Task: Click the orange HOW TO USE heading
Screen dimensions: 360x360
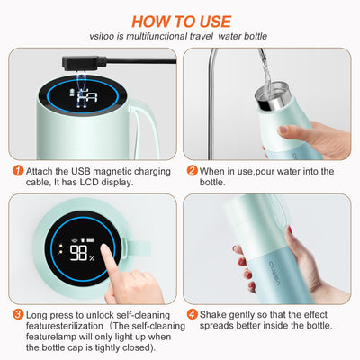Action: click(181, 22)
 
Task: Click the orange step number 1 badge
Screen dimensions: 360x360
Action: click(18, 171)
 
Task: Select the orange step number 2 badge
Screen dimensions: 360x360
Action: click(193, 171)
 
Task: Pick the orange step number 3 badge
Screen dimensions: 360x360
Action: click(18, 314)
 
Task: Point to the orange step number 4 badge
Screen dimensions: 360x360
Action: click(193, 314)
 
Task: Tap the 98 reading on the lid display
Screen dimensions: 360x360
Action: click(78, 253)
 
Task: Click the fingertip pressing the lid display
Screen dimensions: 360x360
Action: click(105, 248)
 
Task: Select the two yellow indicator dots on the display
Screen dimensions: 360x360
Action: click(61, 248)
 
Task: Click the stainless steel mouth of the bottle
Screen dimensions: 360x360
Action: click(273, 96)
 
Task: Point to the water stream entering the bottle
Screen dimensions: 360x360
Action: click(265, 70)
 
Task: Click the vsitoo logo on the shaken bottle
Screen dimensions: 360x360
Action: click(274, 273)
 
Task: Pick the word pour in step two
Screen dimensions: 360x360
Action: click(265, 171)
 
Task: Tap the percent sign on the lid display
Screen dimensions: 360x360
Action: click(92, 257)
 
